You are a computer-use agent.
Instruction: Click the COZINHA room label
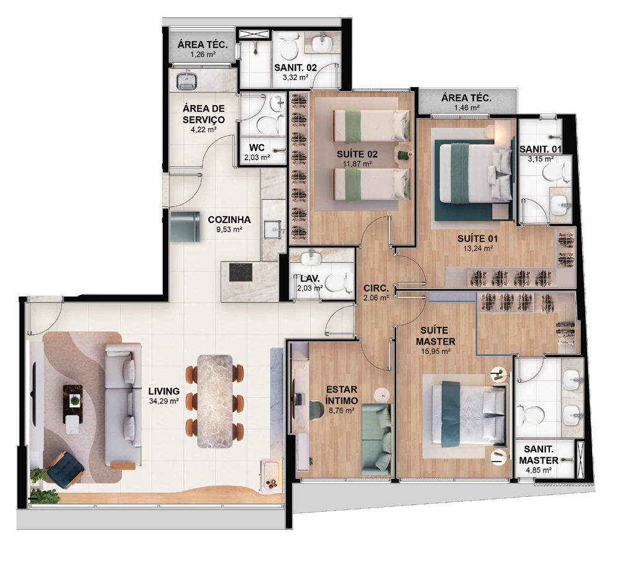click(x=229, y=220)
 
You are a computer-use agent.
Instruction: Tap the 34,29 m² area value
click(x=163, y=401)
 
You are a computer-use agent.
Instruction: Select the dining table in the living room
click(x=215, y=401)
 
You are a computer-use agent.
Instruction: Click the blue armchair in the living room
click(x=65, y=470)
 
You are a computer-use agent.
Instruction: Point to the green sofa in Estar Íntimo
click(x=377, y=439)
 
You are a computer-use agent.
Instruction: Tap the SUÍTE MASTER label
click(x=437, y=335)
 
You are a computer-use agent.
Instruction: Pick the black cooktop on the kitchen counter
click(x=240, y=272)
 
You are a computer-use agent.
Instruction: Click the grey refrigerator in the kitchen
click(x=185, y=227)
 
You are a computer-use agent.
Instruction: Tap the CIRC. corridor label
click(x=376, y=288)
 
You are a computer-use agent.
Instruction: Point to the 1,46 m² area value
click(x=467, y=107)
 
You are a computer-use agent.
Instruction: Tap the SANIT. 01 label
click(x=540, y=149)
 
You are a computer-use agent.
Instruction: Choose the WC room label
click(x=257, y=148)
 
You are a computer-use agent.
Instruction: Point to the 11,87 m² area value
click(x=357, y=163)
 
